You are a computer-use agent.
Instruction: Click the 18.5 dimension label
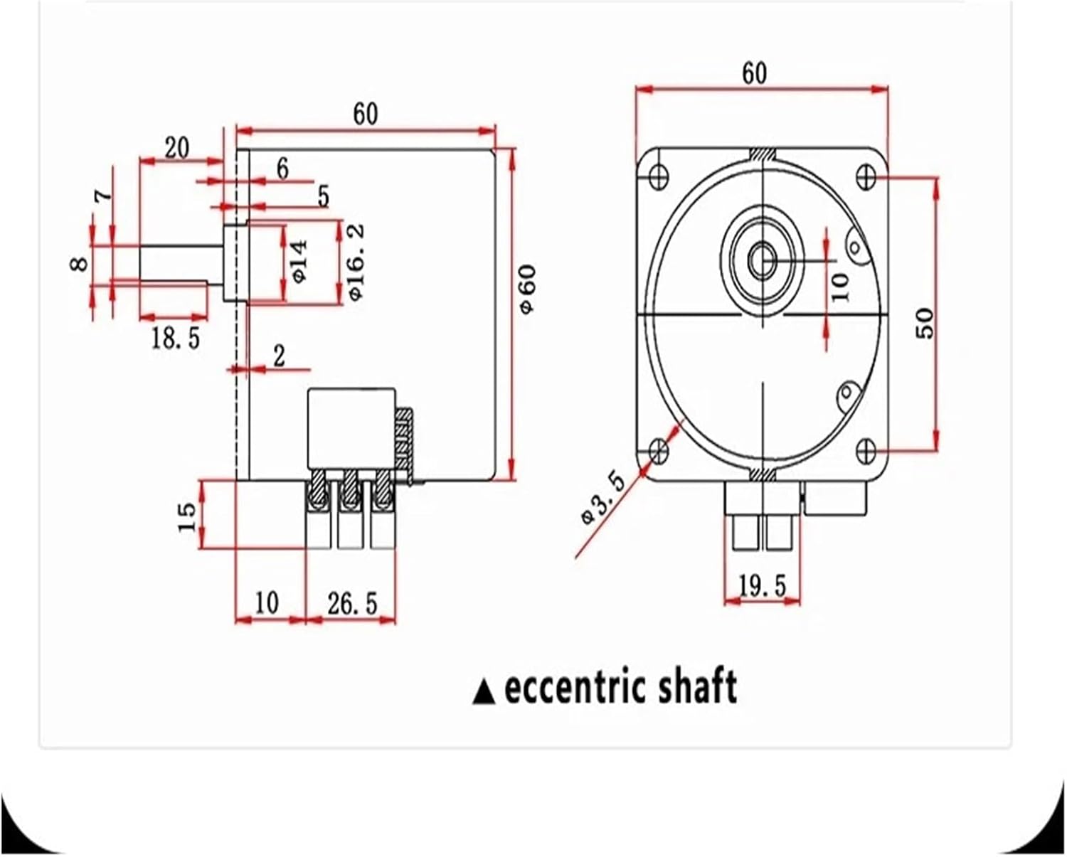[175, 339]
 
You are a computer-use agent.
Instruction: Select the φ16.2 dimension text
[355, 261]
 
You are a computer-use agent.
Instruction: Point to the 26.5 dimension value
[352, 603]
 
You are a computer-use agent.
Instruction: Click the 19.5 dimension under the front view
[762, 586]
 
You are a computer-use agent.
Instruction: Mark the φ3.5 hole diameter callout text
[602, 497]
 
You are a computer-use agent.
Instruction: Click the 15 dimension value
[186, 517]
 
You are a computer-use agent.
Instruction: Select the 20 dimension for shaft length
[177, 149]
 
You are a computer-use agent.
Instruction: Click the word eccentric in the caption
[574, 688]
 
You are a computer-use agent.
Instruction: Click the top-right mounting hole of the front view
[866, 176]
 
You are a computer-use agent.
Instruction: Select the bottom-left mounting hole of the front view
[659, 449]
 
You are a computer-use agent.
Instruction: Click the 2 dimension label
[279, 356]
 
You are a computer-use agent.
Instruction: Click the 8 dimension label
[81, 264]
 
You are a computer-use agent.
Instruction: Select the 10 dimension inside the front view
[840, 287]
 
